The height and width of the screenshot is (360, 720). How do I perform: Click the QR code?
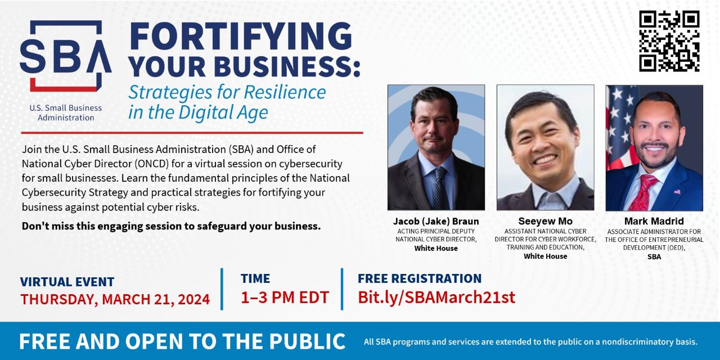pyautogui.click(x=669, y=41)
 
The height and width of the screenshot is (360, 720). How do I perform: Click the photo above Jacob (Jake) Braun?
pyautogui.click(x=436, y=147)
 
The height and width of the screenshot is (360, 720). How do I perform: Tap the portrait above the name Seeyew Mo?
pyautogui.click(x=546, y=147)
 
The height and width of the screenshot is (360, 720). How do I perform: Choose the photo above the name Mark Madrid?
pyautogui.click(x=654, y=148)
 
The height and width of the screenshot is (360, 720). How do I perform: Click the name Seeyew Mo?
pyautogui.click(x=546, y=221)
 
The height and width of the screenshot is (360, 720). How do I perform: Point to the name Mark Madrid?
pyautogui.click(x=654, y=221)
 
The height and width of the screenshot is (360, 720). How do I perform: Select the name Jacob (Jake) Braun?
pyautogui.click(x=436, y=222)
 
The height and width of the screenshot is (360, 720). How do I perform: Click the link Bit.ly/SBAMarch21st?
pyautogui.click(x=436, y=298)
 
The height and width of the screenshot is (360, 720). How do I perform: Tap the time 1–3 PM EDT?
pyautogui.click(x=285, y=298)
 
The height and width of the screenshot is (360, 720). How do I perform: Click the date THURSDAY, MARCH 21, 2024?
pyautogui.click(x=115, y=299)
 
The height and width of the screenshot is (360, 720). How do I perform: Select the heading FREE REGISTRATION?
pyautogui.click(x=420, y=278)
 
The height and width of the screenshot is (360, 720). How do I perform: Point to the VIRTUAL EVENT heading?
pyautogui.click(x=67, y=282)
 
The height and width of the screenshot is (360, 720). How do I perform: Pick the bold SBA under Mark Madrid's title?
pyautogui.click(x=654, y=257)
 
